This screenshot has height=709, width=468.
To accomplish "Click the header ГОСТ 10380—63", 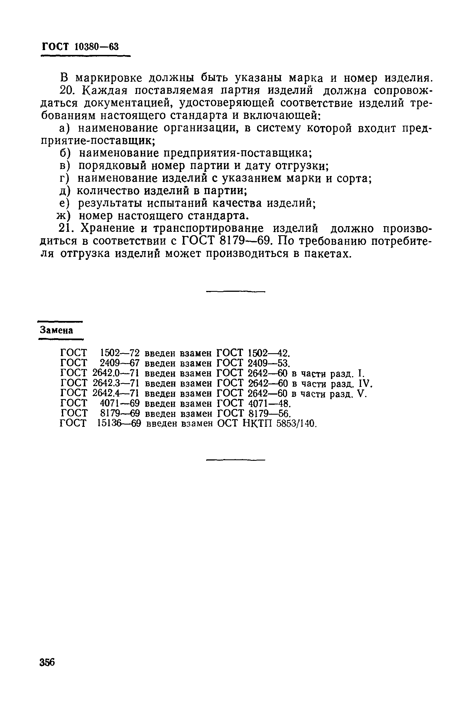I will (80, 47).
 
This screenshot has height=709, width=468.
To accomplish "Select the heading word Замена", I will (57, 330).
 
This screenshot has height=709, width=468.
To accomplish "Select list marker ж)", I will (64, 216).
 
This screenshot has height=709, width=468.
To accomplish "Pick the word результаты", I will (110, 204).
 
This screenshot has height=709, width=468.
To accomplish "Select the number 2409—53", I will (269, 363).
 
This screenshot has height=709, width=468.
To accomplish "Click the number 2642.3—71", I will (116, 383).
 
